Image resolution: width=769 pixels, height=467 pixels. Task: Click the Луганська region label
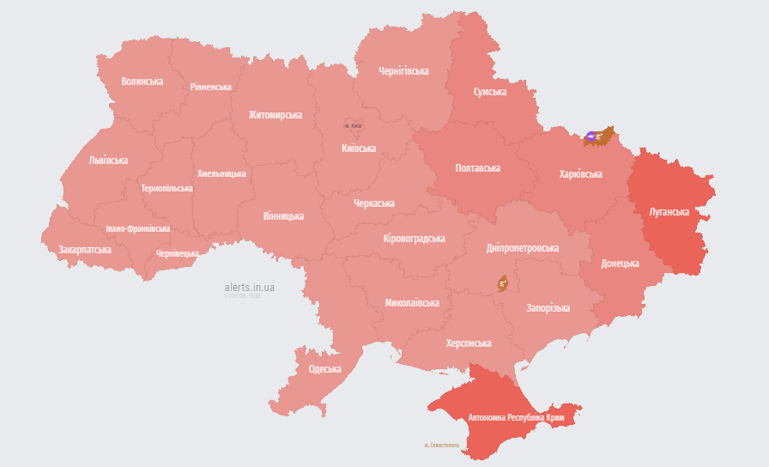tap(669, 210)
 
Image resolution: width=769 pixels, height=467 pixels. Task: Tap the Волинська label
tap(142, 82)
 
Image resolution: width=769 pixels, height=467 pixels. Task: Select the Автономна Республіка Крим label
tap(515, 417)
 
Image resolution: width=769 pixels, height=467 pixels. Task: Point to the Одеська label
tap(324, 369)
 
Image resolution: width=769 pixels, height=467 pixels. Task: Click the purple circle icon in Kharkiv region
tap(592, 136)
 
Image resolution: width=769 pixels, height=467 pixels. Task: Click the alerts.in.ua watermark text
tap(249, 287)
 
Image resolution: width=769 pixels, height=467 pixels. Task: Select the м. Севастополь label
tap(442, 445)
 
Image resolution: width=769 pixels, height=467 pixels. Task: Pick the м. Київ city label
tap(354, 126)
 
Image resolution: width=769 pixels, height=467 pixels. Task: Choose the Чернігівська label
tap(403, 71)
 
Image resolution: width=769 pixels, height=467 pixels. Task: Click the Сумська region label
tap(490, 92)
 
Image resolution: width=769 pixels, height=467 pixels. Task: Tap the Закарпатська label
tap(85, 250)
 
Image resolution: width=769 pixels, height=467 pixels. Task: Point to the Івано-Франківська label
tap(138, 229)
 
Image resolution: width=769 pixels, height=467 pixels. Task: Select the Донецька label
tap(620, 264)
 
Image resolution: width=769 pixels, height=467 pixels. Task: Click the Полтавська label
tap(478, 168)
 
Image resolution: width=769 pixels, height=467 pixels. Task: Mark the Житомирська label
tap(276, 114)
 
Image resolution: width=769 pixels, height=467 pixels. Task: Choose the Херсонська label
tap(469, 343)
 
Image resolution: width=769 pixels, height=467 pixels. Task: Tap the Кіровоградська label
tap(414, 239)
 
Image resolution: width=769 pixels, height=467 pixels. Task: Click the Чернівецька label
tap(178, 253)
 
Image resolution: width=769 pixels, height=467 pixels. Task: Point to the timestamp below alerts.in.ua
tap(242, 296)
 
